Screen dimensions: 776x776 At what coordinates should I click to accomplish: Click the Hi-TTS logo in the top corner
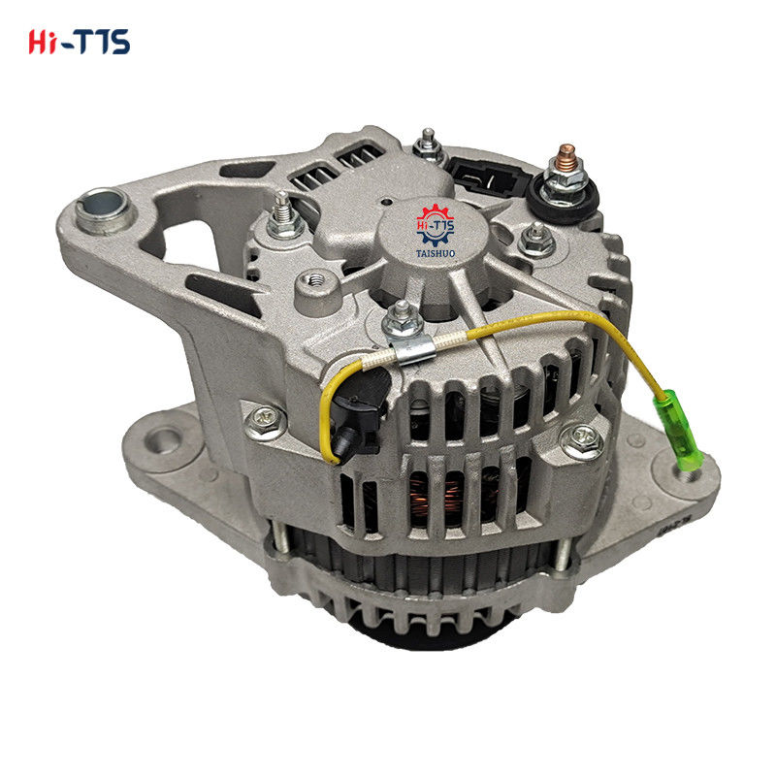click(x=80, y=42)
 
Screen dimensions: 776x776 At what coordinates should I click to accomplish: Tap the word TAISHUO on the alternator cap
click(x=436, y=253)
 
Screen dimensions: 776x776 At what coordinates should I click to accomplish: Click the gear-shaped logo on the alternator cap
click(x=435, y=226)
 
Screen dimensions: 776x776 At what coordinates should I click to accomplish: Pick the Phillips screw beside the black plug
click(x=265, y=422)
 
